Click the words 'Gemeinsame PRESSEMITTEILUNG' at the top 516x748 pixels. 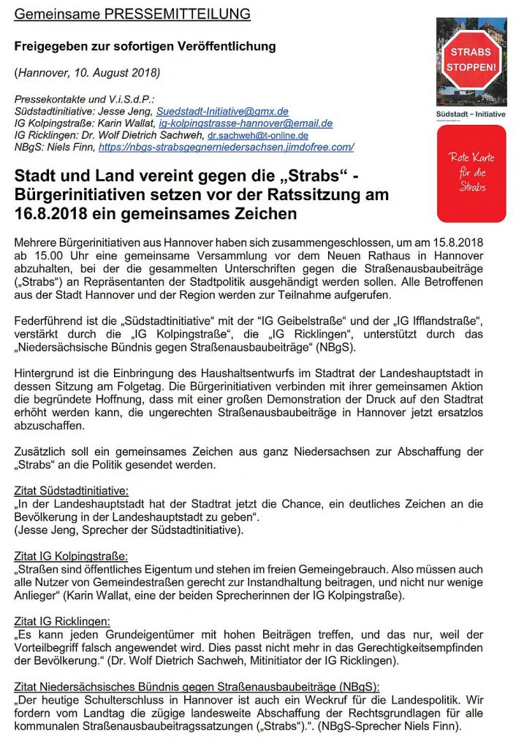click(132, 14)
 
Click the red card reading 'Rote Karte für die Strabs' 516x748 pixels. click(471, 173)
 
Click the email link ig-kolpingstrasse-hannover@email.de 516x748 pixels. click(241, 123)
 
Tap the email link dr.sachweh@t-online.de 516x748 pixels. click(257, 135)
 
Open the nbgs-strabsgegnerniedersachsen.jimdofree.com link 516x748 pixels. click(226, 147)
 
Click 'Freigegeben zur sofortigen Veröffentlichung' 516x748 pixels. click(145, 46)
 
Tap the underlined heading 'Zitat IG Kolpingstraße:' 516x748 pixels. click(71, 556)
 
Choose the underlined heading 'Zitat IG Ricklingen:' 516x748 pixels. click(62, 622)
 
